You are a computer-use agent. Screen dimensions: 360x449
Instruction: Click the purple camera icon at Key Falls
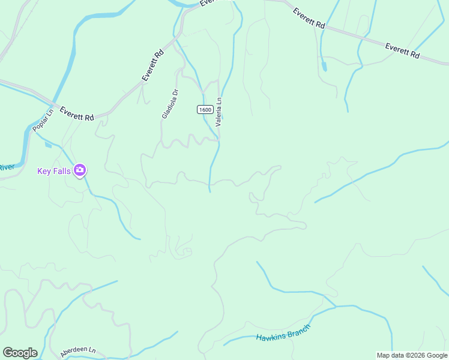(x=80, y=171)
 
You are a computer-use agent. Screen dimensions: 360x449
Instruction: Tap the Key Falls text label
(x=54, y=171)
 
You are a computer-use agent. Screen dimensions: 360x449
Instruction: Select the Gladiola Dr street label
(x=169, y=104)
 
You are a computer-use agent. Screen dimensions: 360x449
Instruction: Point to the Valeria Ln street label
(x=219, y=112)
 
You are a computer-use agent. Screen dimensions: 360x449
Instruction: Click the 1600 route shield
(x=205, y=109)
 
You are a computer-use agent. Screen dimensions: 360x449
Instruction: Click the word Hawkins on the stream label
(x=271, y=337)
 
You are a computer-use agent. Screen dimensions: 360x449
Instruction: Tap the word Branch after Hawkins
(x=299, y=331)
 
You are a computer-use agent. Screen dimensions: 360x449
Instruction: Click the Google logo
(x=20, y=353)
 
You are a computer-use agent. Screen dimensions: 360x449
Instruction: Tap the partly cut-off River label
(x=6, y=167)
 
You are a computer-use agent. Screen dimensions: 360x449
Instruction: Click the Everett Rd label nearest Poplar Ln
(x=77, y=116)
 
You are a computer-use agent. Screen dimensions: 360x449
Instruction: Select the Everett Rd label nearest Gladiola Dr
(x=153, y=65)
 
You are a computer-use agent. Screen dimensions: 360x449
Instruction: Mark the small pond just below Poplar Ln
(x=48, y=144)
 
